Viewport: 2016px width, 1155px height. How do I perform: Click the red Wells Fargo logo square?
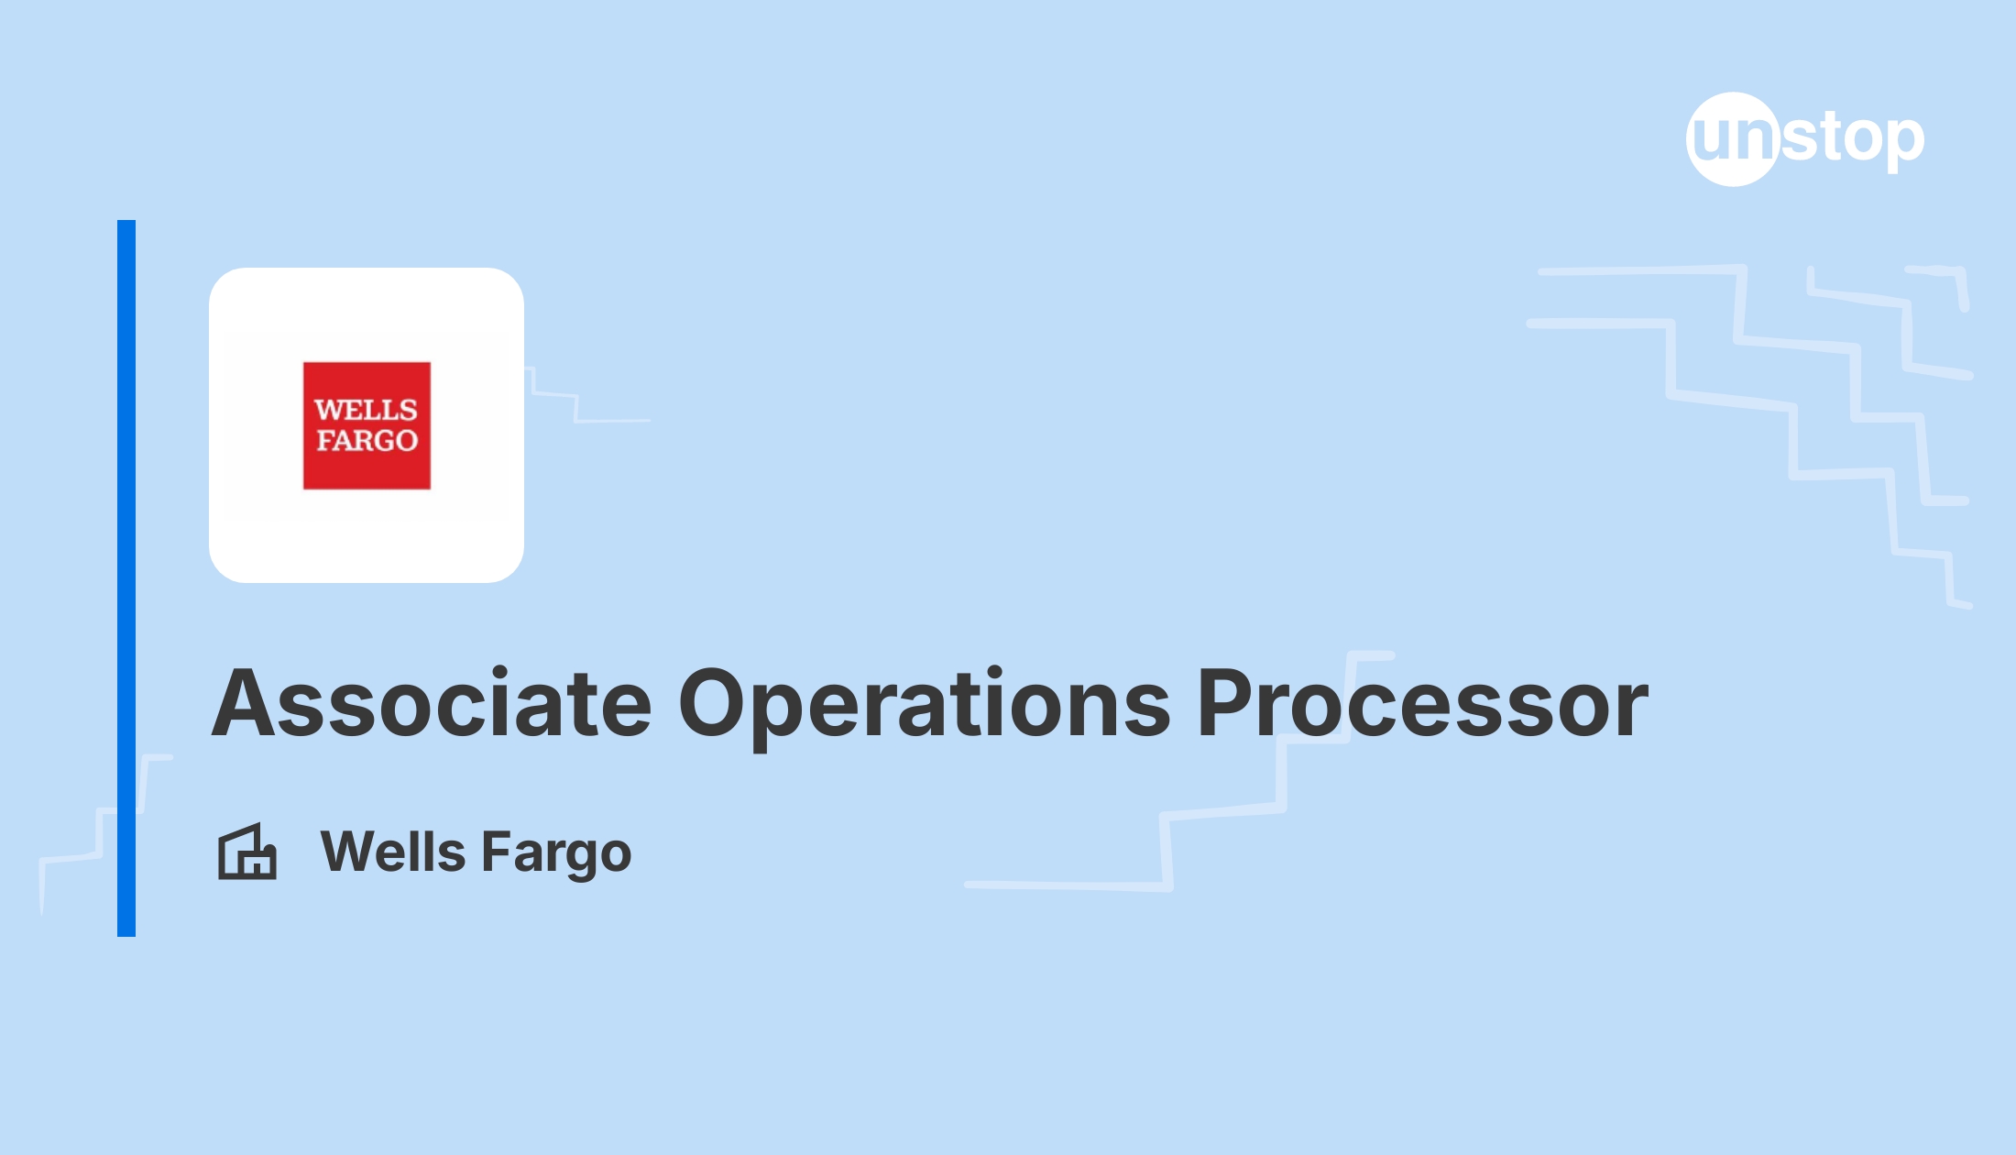pos(367,425)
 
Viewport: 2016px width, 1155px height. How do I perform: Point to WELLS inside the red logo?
pos(367,410)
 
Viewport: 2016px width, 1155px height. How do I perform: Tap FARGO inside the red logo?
pos(367,441)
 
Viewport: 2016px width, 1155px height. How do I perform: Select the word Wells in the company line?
pos(393,852)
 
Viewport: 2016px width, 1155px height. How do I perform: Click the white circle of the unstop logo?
pos(1733,139)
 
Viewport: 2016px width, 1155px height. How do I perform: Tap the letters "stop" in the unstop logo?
pos(1852,140)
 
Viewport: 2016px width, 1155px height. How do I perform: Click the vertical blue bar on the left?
pos(126,578)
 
